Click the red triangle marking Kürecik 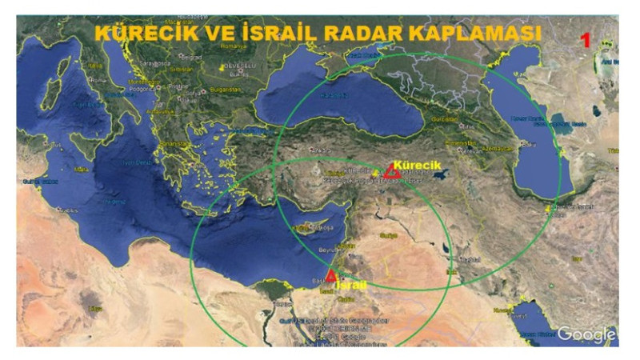pos(392,171)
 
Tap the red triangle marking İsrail pos(330,275)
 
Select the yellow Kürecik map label pos(418,165)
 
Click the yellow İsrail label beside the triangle pos(352,285)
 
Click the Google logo pos(586,334)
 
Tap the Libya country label pos(96,308)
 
